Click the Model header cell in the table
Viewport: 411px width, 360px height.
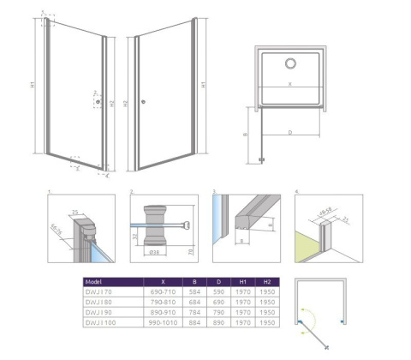pos(97,280)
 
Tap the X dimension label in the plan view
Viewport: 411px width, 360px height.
pos(290,84)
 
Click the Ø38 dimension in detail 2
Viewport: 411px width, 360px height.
pos(155,253)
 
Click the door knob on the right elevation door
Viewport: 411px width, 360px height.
pos(143,103)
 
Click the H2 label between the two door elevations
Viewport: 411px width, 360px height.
pos(125,103)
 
